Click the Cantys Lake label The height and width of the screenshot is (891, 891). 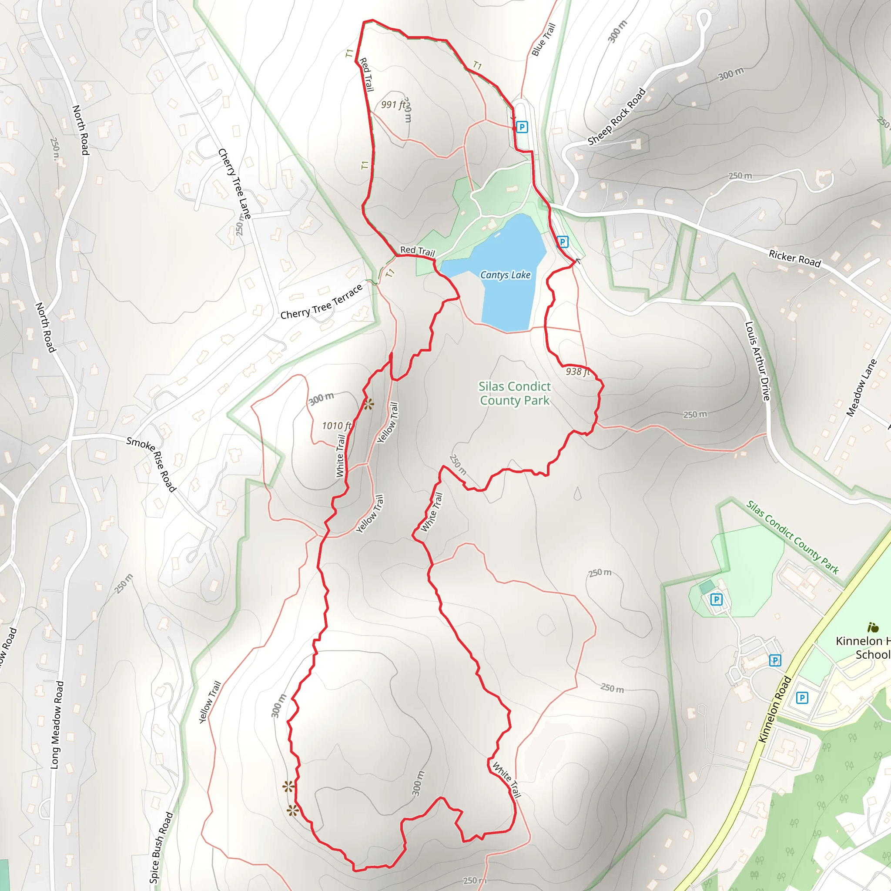[x=506, y=275]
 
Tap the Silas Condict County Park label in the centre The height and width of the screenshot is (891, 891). [x=514, y=393]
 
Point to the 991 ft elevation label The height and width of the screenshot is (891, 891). [x=393, y=105]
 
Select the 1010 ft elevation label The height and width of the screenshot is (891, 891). [x=336, y=425]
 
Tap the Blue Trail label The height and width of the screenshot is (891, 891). [x=544, y=40]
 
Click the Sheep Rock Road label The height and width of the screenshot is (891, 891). [x=616, y=117]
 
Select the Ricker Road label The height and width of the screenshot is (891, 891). [x=794, y=258]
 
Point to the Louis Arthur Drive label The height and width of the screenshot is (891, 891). [x=758, y=361]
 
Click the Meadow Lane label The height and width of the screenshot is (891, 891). [x=861, y=388]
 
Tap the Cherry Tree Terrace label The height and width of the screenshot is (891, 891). [x=322, y=302]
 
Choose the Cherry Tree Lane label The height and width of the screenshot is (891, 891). [x=235, y=184]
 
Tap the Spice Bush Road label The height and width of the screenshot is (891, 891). [x=161, y=847]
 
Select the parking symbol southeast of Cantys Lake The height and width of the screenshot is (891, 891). [x=563, y=241]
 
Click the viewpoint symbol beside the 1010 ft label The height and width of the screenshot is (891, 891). [x=368, y=405]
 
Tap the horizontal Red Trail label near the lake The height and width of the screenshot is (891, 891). [x=417, y=251]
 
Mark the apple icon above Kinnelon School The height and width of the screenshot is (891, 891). [x=873, y=627]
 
